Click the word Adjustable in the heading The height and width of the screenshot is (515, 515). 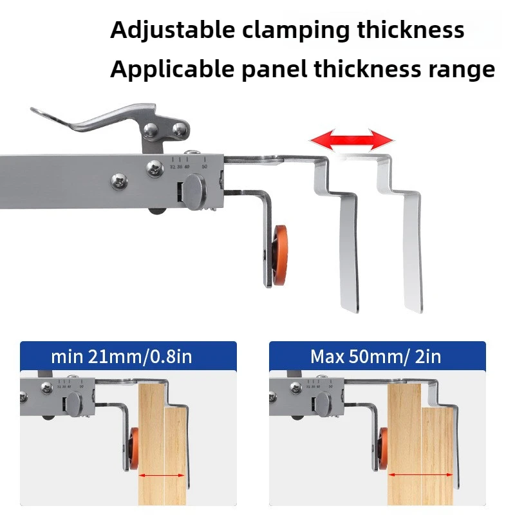(x=164, y=30)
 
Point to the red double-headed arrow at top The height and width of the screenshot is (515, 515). (x=351, y=138)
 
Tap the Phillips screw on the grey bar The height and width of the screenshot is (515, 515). (x=120, y=180)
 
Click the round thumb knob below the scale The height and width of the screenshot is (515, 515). (x=195, y=191)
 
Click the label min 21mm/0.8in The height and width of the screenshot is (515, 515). (x=122, y=356)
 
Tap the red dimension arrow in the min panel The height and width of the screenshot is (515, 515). (x=162, y=476)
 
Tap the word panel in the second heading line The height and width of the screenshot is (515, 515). (x=277, y=69)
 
